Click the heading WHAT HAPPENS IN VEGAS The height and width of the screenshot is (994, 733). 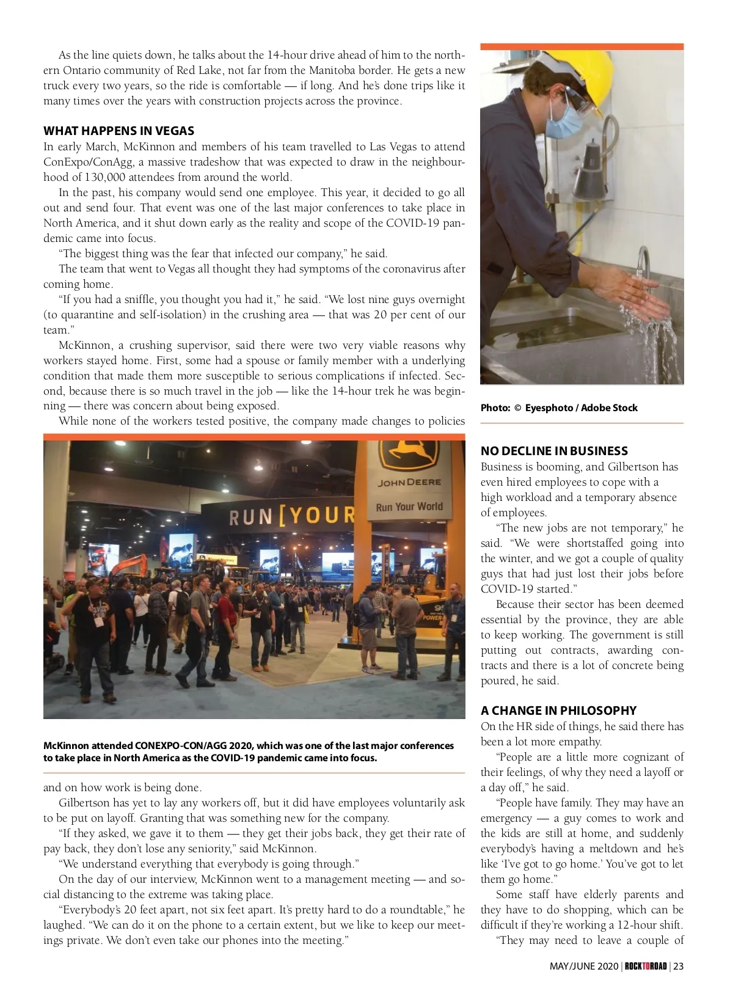pos(119,131)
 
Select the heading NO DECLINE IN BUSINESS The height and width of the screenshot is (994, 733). pos(554,451)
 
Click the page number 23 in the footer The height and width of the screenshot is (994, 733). pos(678,966)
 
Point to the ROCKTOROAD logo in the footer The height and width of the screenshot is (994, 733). pos(646,966)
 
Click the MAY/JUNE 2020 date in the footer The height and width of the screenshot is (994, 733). pos(583,966)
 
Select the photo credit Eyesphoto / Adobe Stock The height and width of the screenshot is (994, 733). pos(581,407)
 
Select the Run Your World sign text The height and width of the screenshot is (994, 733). pos(409,506)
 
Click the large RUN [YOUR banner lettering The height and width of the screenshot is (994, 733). pos(291,516)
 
